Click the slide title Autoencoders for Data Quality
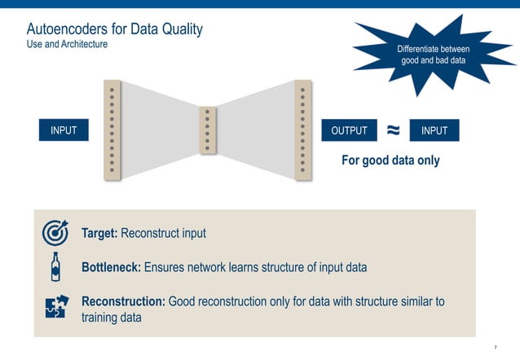click(x=114, y=29)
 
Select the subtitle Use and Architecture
click(x=67, y=44)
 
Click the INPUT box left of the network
click(x=64, y=130)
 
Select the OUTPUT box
click(x=349, y=130)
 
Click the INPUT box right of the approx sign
click(x=434, y=130)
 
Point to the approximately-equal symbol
click(x=393, y=130)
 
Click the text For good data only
click(x=390, y=160)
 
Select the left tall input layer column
click(x=112, y=130)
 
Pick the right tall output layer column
click(x=302, y=130)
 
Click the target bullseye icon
click(x=55, y=234)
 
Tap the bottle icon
click(x=55, y=266)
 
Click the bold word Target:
click(x=100, y=234)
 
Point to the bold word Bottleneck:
click(x=112, y=267)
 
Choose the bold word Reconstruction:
click(x=123, y=301)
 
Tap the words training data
click(x=112, y=318)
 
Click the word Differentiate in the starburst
click(x=421, y=50)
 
